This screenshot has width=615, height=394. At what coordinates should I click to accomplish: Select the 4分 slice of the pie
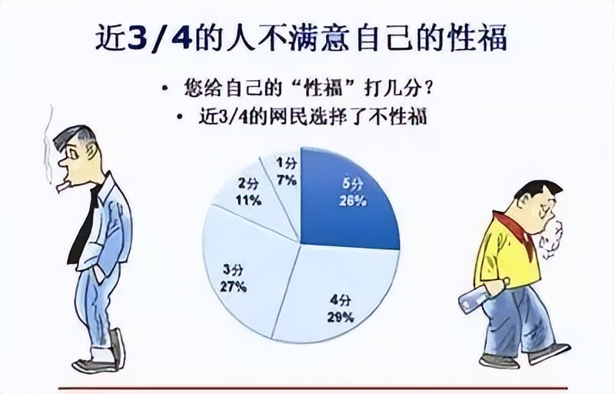pos(338,292)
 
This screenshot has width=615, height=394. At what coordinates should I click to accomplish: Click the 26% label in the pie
pos(351,201)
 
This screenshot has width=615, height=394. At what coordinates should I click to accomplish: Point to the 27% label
pos(233,287)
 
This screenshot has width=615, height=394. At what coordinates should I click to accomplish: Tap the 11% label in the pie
pos(248,200)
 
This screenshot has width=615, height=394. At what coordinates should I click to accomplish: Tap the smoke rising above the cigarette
pos(47,142)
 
